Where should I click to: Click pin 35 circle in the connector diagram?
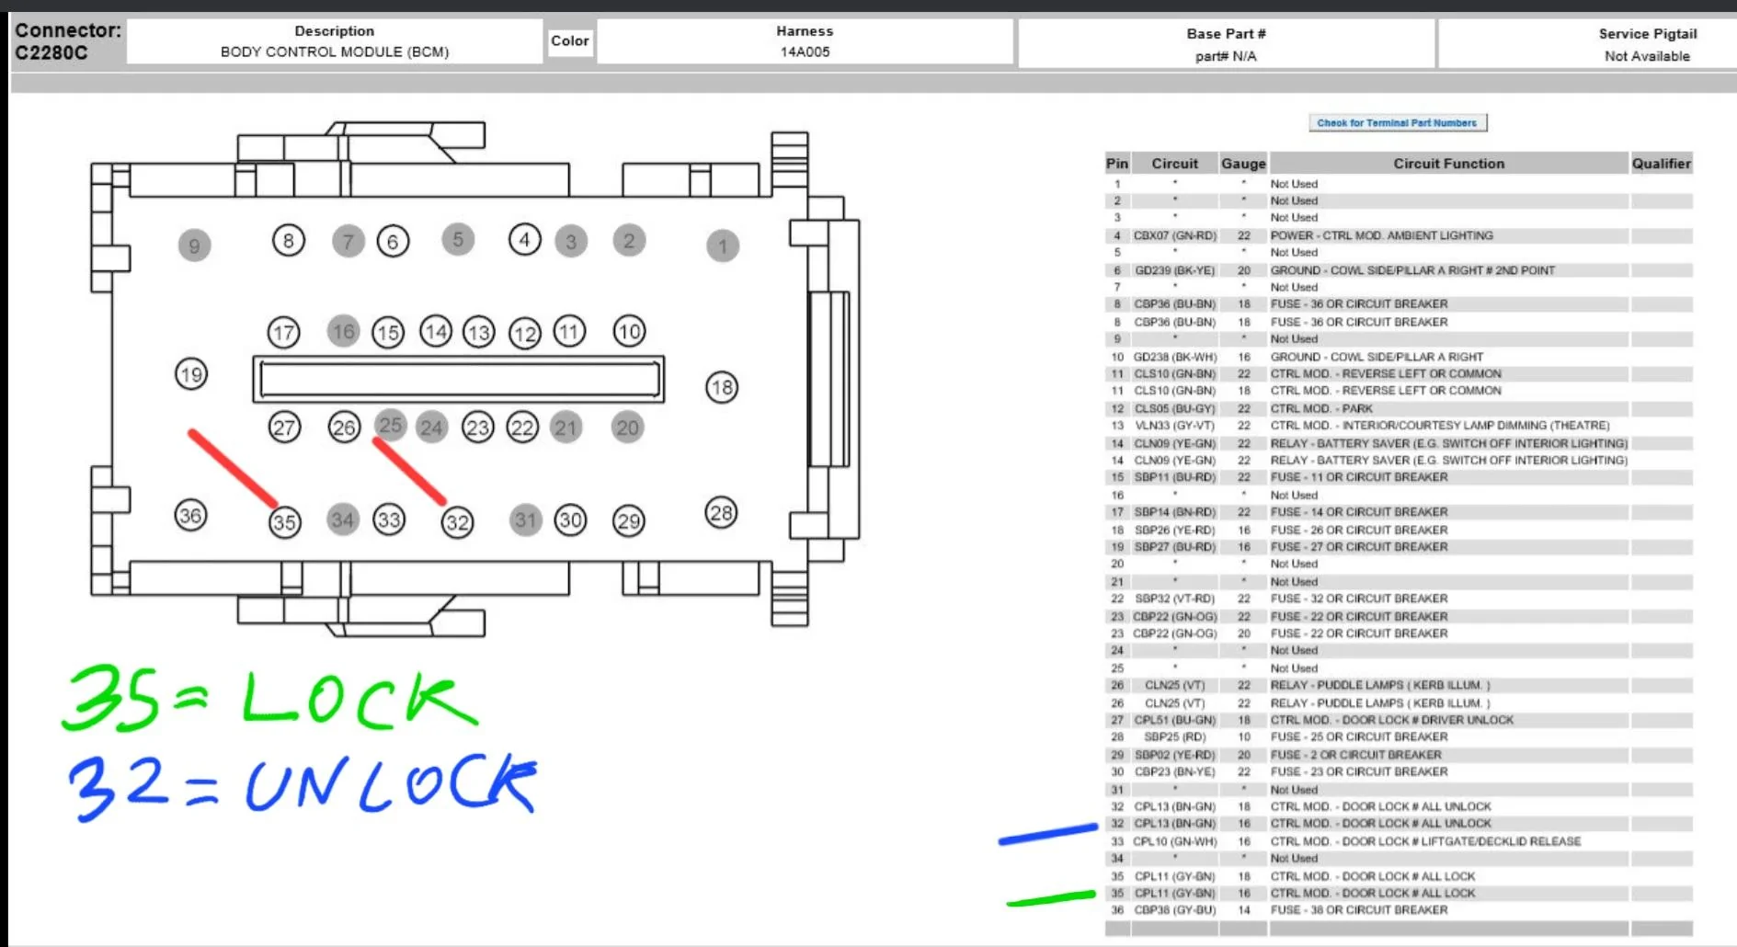284,522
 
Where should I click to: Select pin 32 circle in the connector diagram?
457,522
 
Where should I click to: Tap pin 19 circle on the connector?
191,374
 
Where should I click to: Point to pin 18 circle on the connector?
722,387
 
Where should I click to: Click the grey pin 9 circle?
194,245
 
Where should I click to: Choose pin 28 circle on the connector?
721,512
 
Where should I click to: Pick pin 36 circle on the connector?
190,515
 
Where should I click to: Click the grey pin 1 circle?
723,245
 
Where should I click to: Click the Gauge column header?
1243,164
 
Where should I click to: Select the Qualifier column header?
1661,164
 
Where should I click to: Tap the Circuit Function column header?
1448,164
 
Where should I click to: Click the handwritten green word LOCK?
359,700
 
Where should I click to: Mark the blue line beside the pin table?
1048,834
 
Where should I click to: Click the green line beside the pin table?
1051,898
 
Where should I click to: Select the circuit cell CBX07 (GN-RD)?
1174,235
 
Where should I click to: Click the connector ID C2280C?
51,52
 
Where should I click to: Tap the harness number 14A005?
805,51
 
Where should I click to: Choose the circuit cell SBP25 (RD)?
1174,736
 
